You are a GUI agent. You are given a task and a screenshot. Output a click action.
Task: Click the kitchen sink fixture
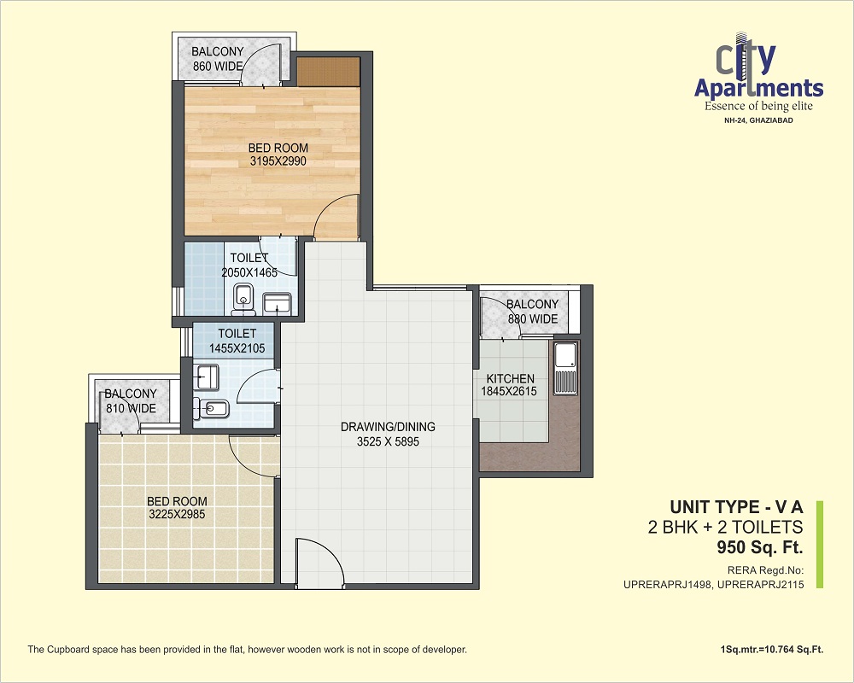coord(565,368)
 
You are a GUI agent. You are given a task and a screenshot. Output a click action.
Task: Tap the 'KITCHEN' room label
coord(511,378)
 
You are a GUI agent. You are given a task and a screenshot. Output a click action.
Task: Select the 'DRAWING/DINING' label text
coord(388,427)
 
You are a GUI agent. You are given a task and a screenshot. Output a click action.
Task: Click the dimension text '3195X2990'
coord(278,161)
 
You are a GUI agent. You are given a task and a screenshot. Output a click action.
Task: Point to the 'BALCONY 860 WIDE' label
coord(217,59)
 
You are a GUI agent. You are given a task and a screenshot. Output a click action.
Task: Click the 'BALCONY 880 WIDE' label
coord(533,312)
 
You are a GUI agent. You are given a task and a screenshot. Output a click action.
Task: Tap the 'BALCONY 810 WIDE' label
coord(131,401)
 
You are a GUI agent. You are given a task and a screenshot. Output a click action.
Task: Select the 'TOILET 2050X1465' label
coord(249,266)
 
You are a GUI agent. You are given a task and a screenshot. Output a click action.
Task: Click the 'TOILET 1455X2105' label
coord(237,341)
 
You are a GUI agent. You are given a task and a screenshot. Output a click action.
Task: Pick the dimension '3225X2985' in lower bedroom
coord(177,515)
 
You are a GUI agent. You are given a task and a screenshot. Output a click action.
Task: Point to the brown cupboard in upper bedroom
coord(329,72)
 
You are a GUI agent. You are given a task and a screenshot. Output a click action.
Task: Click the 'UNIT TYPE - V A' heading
coord(736,507)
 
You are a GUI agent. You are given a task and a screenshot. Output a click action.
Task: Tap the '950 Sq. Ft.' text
coord(760,547)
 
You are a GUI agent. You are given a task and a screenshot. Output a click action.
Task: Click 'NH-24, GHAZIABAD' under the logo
coord(758,120)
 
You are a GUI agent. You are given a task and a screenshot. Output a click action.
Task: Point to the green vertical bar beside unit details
coord(820,545)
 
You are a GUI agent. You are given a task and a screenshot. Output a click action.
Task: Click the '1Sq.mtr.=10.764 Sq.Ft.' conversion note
coord(772,650)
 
